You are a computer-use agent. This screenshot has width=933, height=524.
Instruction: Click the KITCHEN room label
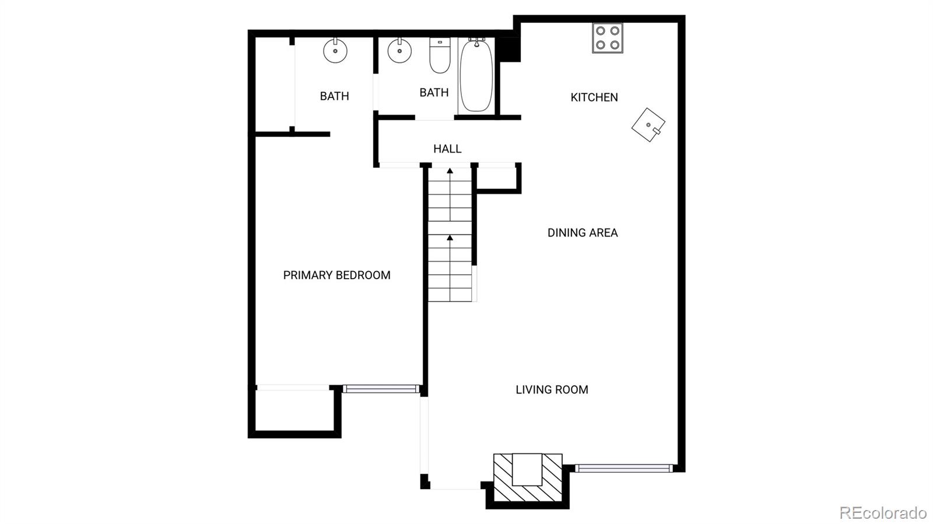click(594, 97)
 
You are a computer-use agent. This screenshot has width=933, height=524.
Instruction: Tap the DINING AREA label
click(583, 233)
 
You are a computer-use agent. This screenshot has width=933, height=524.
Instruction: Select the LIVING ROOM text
click(552, 389)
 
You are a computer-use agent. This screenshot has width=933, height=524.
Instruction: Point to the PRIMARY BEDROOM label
click(336, 275)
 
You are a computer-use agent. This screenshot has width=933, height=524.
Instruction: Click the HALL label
click(447, 149)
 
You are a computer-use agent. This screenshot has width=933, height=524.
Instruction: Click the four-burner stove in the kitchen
click(608, 38)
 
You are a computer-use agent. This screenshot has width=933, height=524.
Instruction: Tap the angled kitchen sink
click(648, 125)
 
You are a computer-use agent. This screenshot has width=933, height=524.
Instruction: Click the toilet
click(440, 55)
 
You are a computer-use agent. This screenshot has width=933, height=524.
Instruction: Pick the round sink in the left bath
click(335, 51)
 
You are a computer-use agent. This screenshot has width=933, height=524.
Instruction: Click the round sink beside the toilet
click(399, 51)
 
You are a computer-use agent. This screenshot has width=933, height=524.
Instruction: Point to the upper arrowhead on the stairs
click(450, 171)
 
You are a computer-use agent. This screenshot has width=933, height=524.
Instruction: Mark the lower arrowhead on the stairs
click(450, 238)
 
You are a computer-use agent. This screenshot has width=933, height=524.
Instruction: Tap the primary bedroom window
click(381, 389)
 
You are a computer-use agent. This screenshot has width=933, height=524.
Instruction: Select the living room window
click(623, 468)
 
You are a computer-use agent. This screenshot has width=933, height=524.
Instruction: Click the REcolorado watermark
click(883, 512)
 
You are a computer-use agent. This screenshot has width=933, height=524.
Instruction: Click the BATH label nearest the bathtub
click(434, 93)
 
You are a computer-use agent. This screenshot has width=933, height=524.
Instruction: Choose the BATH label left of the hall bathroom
click(335, 96)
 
